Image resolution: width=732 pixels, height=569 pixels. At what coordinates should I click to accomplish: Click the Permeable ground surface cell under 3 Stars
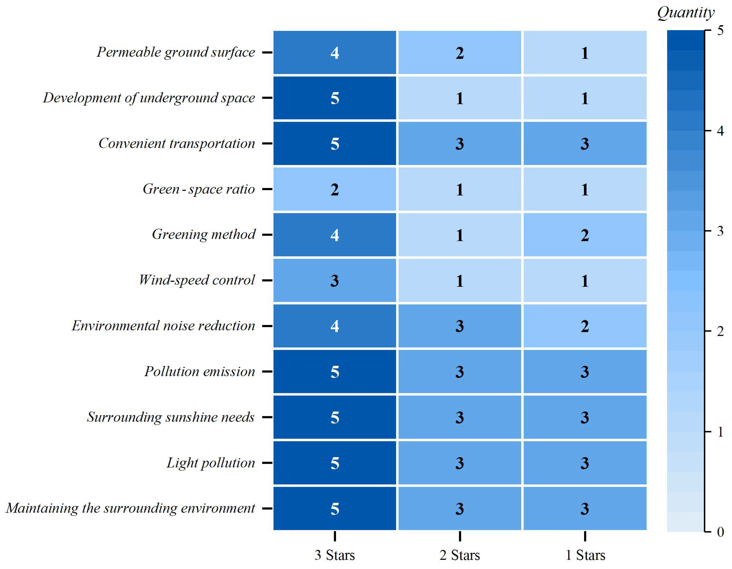[x=334, y=53]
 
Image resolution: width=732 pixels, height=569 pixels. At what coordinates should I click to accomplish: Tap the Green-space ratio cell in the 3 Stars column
[x=334, y=189]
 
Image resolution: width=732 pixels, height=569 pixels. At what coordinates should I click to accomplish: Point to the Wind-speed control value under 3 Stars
[x=334, y=280]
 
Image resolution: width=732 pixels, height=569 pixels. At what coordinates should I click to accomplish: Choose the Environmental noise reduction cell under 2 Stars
[x=460, y=326]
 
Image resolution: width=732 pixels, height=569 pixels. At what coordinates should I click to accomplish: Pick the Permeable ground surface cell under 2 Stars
[x=460, y=53]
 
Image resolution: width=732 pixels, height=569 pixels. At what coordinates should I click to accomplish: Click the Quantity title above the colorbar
[x=685, y=13]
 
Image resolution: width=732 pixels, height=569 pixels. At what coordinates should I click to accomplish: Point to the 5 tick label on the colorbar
[x=720, y=31]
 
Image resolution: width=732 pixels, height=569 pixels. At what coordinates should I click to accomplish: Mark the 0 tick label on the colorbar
[x=720, y=532]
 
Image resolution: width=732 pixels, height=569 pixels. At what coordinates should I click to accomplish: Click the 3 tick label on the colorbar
[x=720, y=231]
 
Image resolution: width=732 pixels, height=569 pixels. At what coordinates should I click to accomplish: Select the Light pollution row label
[x=211, y=463]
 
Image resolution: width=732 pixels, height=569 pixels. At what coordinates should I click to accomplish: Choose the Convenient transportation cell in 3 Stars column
[x=334, y=144]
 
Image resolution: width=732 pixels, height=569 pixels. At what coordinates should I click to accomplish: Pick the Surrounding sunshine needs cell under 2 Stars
[x=460, y=417]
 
